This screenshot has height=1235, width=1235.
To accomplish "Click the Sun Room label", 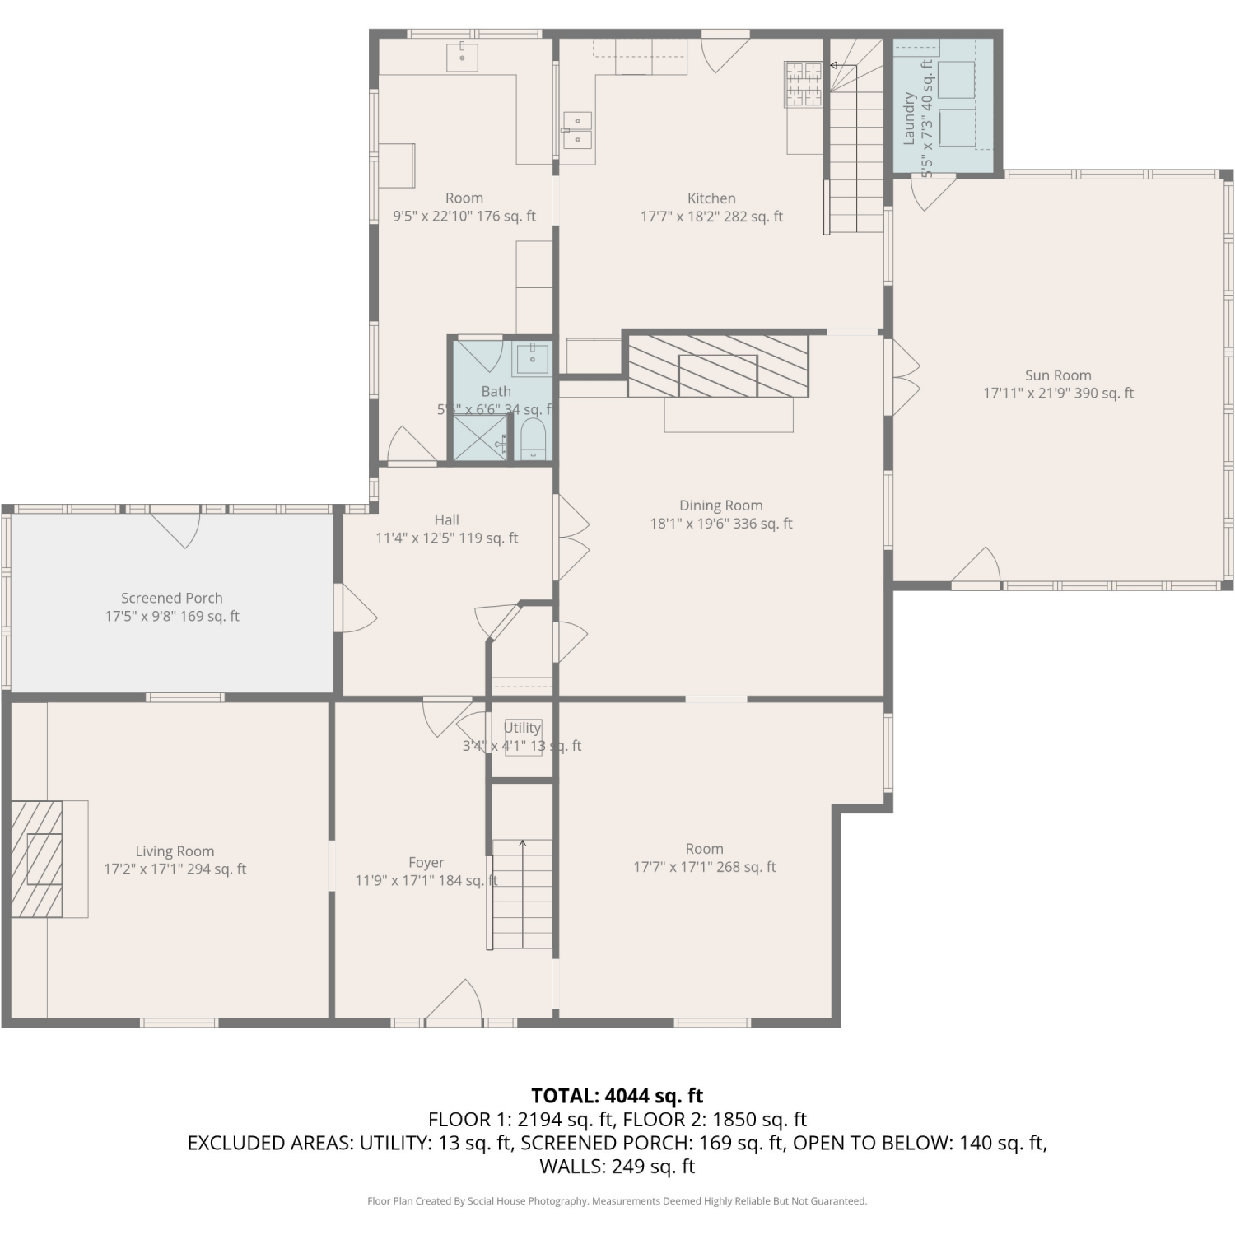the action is click(1058, 375).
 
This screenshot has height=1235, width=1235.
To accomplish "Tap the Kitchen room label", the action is click(711, 198).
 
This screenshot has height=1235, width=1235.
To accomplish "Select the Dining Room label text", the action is click(721, 506).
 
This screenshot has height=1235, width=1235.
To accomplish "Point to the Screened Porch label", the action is click(172, 598).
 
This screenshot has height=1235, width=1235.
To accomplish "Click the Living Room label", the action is click(175, 851).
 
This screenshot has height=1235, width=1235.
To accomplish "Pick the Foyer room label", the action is click(426, 862).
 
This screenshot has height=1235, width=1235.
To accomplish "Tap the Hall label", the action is click(447, 520).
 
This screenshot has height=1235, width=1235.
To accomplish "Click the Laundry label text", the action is click(909, 119).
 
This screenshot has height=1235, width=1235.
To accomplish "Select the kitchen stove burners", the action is click(803, 85).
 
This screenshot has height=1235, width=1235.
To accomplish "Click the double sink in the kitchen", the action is click(577, 130).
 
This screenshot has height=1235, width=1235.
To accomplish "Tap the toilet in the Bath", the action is click(533, 440).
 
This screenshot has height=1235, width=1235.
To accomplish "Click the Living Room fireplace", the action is click(37, 859).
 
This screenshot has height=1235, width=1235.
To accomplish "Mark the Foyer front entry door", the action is click(454, 1004).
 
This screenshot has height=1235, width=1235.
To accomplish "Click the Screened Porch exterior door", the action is click(175, 527).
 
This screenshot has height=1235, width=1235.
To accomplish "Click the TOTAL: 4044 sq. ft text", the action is click(617, 1096).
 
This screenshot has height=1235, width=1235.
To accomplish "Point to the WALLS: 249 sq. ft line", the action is click(617, 1166).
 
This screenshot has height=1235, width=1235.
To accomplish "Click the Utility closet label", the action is click(523, 728).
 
